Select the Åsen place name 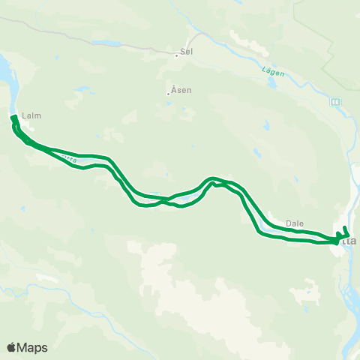click(x=181, y=90)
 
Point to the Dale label click(x=294, y=223)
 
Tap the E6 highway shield click(x=334, y=100)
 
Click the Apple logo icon click(x=11, y=347)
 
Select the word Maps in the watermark click(x=33, y=347)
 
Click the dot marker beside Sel click(x=176, y=54)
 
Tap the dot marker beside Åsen click(x=169, y=94)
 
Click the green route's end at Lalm click(x=13, y=117)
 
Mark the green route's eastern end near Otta click(x=345, y=227)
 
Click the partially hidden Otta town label click(x=349, y=241)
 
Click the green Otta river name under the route click(x=71, y=158)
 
